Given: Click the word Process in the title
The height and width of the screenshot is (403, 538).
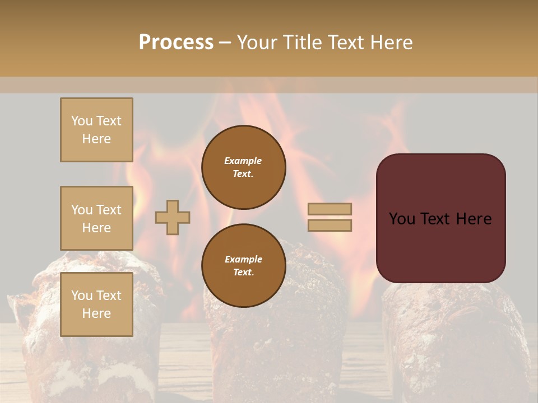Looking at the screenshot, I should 176,43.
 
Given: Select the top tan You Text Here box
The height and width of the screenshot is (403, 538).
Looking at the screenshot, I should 96,130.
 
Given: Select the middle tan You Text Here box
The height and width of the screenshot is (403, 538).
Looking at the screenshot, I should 96,218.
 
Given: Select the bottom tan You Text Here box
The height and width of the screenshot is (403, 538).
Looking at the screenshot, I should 96,304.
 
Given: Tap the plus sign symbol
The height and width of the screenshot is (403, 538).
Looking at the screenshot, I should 173,217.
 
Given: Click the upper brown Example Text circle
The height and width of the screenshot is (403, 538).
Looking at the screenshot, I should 244,167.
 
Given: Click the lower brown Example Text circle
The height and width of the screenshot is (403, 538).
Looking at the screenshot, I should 244,266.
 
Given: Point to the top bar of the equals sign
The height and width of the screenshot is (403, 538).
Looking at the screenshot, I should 330,209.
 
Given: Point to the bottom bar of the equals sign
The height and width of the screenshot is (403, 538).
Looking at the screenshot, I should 330,226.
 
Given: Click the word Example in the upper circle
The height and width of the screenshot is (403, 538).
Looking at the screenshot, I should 243,161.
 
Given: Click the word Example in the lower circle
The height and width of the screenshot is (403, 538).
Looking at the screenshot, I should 243,259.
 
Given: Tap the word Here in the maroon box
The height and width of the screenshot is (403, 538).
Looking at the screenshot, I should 474,219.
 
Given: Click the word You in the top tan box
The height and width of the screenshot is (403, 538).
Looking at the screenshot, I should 82,121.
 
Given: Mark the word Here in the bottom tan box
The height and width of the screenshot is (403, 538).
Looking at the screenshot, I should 96,313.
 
